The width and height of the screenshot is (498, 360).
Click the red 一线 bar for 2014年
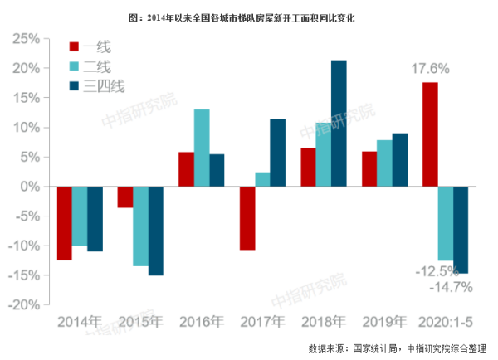point(64,223)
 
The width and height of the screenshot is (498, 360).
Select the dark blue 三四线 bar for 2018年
point(339,124)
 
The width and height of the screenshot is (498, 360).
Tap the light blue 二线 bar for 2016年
point(201,148)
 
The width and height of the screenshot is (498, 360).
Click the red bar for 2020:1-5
point(429,134)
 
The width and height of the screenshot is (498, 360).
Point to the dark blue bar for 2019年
point(399,160)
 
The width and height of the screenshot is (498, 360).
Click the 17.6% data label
point(430,70)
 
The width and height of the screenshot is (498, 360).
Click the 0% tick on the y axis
point(32,187)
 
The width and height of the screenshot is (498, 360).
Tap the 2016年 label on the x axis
point(201,321)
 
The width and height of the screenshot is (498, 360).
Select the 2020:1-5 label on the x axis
point(445,321)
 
